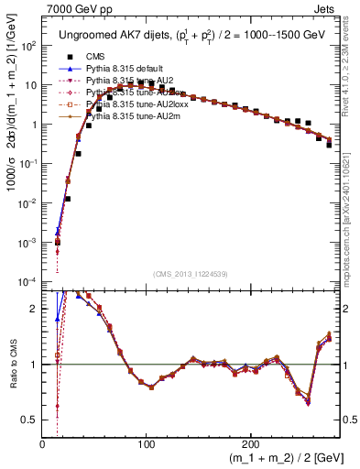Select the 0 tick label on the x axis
[43, 444]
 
